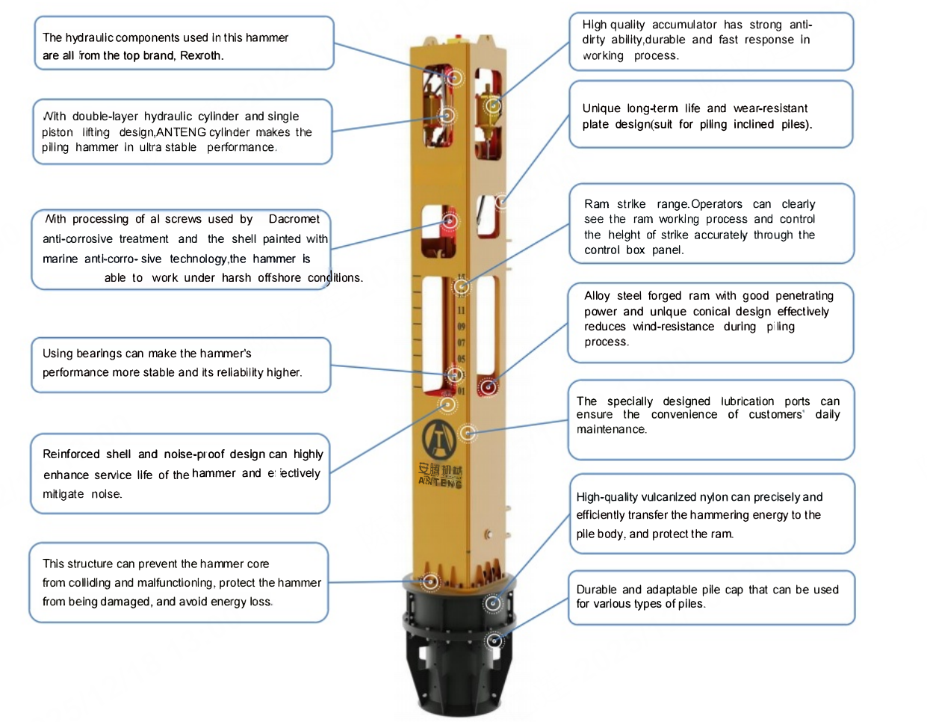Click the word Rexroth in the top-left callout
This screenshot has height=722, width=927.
(201, 56)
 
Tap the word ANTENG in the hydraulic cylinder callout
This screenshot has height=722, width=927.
(181, 132)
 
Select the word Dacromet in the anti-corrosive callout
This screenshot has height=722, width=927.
(294, 219)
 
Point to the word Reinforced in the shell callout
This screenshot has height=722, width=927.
(71, 454)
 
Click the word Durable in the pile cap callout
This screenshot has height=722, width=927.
(597, 590)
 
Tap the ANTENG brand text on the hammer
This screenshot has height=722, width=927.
(440, 483)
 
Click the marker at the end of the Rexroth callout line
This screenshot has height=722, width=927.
(454, 78)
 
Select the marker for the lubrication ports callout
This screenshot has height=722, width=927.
(468, 433)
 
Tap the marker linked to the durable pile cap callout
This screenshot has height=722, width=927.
(494, 641)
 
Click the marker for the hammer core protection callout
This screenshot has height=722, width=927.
(430, 581)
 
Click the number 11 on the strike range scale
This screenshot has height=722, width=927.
(461, 310)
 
